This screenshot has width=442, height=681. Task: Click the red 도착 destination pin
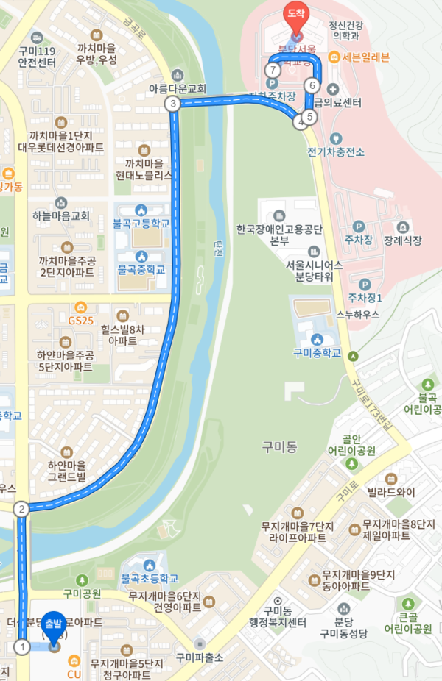point(296,17)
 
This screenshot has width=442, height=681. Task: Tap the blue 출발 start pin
point(54,626)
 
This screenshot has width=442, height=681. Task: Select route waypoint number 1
point(23,647)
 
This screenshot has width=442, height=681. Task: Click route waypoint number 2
point(22,508)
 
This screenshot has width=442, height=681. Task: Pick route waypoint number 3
point(173,104)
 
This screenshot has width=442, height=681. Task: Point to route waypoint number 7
point(273,70)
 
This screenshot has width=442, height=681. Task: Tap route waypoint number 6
point(312,86)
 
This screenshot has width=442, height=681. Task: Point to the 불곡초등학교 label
point(149,578)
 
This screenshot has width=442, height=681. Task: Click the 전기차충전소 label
point(337,152)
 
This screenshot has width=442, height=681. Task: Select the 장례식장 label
point(402,240)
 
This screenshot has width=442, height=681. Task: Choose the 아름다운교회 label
point(178,88)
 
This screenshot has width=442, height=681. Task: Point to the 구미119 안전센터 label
point(35,57)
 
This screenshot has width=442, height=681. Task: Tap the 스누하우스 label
point(358,315)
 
